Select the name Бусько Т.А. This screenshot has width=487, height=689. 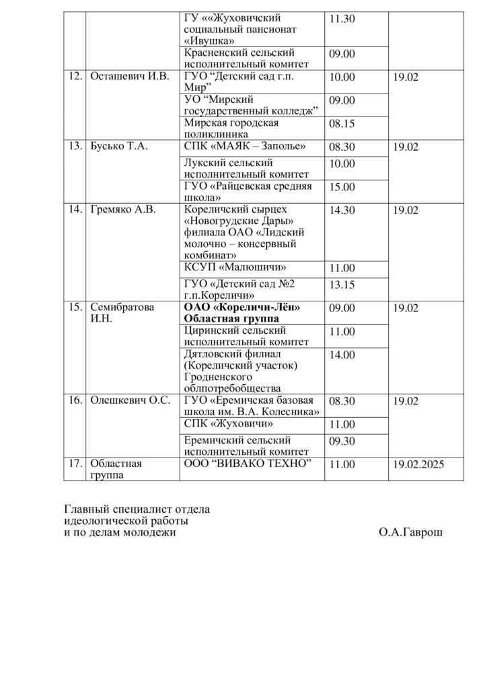pyautogui.click(x=118, y=146)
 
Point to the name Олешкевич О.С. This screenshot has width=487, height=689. pyautogui.click(x=129, y=401)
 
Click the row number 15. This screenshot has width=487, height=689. pyautogui.click(x=75, y=307)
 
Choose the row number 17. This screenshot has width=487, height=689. pyautogui.click(x=75, y=464)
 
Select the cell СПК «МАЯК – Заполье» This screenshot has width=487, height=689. pyautogui.click(x=244, y=146)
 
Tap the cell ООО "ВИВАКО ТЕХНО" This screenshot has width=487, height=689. pyautogui.click(x=248, y=464)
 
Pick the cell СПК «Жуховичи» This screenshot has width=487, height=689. pyautogui.click(x=228, y=423)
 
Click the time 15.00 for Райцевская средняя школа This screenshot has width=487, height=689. pyautogui.click(x=342, y=187)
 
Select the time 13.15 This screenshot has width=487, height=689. pyautogui.click(x=342, y=285)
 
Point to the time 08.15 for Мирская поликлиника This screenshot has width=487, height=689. pyautogui.click(x=342, y=124)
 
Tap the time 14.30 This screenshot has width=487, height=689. pyautogui.click(x=342, y=210)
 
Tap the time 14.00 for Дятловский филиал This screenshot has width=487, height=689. pyautogui.click(x=342, y=355)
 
